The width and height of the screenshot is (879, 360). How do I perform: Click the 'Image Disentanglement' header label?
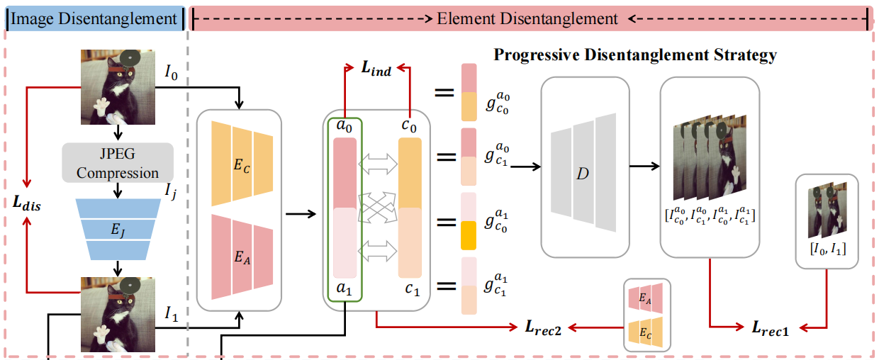94,19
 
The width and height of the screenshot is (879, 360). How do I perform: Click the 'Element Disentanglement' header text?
528,19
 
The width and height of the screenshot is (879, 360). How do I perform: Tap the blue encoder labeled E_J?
118,228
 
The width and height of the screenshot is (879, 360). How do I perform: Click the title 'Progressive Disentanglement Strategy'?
635,55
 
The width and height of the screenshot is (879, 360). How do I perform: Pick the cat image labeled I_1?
117,316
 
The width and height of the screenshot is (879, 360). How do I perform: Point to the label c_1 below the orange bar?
410,290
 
